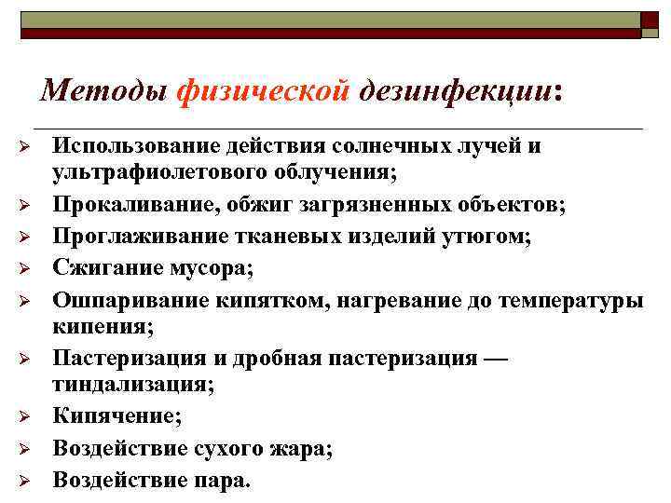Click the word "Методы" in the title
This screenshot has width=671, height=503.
tap(103, 90)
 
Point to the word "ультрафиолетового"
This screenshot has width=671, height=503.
tap(163, 172)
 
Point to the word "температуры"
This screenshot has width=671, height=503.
tap(569, 300)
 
